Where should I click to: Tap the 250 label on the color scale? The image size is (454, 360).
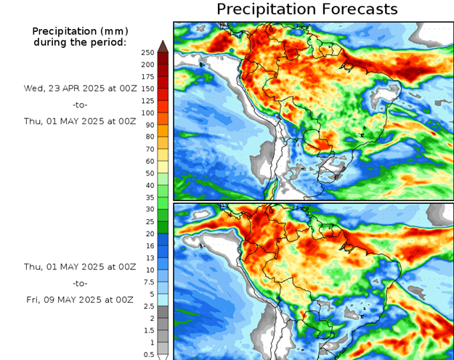148,52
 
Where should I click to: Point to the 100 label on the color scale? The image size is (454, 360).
148,112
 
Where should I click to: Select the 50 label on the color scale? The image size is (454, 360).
148,173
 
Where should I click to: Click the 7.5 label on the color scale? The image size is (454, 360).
148,282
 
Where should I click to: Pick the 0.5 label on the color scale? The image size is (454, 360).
148,354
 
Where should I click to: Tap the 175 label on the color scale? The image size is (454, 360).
148,76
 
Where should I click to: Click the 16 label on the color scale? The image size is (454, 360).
148,245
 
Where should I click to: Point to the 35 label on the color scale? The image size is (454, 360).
148,197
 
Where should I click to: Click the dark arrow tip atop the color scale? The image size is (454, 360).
163,46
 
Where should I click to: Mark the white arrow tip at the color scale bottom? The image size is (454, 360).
163,356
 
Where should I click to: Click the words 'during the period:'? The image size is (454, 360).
80,42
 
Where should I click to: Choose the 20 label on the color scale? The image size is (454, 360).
148,234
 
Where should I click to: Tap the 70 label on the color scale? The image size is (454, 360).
148,149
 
